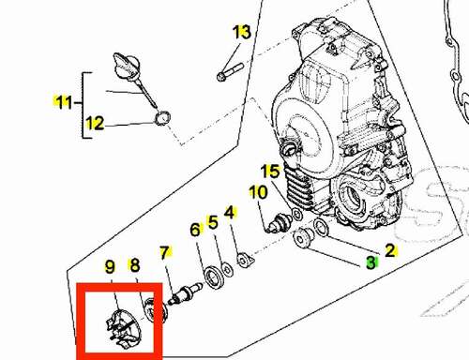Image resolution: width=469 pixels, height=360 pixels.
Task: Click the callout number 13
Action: pyautogui.click(x=242, y=32)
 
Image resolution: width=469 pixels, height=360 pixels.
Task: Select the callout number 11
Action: pyautogui.click(x=64, y=102)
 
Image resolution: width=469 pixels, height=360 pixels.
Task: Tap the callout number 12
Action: pyautogui.click(x=95, y=123)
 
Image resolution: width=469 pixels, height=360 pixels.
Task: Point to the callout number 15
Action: pyautogui.click(x=270, y=172)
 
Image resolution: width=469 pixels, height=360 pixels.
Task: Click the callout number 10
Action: pyautogui.click(x=258, y=192)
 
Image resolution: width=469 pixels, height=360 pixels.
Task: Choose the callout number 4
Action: pyautogui.click(x=230, y=213)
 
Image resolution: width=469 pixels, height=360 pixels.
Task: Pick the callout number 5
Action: pyautogui.click(x=213, y=222)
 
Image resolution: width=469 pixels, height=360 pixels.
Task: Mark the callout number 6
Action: pyautogui.click(x=195, y=230)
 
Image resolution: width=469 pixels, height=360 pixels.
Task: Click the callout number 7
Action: pyautogui.click(x=164, y=253)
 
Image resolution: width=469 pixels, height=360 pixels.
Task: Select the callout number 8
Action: pyautogui.click(x=134, y=265)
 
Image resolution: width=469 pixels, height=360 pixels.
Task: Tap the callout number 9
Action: pyautogui.click(x=110, y=267)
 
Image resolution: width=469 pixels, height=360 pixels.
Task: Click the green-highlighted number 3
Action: pyautogui.click(x=371, y=262)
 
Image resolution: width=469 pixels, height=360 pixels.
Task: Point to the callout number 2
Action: pyautogui.click(x=390, y=250)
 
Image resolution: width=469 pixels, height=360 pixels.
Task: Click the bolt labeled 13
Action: pyautogui.click(x=230, y=71)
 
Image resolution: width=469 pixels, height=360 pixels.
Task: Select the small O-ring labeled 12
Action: pyautogui.click(x=162, y=118)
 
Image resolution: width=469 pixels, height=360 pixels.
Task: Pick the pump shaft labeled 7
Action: pyautogui.click(x=185, y=292)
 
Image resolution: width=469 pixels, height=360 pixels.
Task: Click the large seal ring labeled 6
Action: pyautogui.click(x=214, y=277)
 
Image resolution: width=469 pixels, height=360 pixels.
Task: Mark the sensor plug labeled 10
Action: pyautogui.click(x=279, y=223)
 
